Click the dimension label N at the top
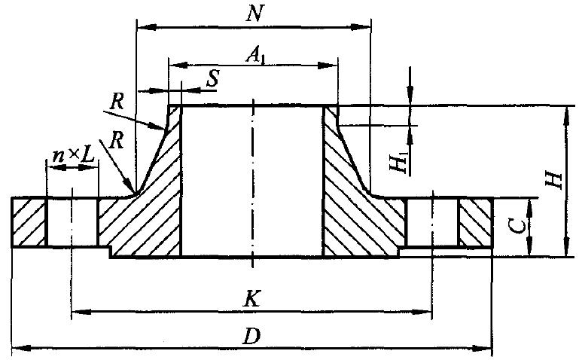coord(254,14)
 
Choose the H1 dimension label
coord(401,163)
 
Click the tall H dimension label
coord(555,178)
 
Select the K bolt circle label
coord(254,298)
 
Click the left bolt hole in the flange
coord(72,221)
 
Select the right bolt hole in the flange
coord(432,221)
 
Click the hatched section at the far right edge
coord(476,221)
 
